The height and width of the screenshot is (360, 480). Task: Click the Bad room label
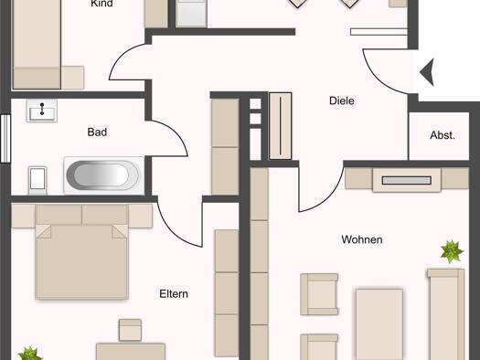pyautogui.click(x=97, y=132)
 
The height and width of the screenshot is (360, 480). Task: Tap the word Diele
pyautogui.click(x=342, y=101)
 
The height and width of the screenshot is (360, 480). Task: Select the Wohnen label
pyautogui.click(x=362, y=239)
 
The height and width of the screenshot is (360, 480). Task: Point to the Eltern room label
pyautogui.click(x=174, y=294)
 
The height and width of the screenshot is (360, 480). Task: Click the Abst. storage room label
pyautogui.click(x=443, y=135)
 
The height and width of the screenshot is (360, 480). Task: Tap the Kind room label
pyautogui.click(x=101, y=4)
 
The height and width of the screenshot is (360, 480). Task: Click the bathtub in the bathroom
pyautogui.click(x=104, y=175)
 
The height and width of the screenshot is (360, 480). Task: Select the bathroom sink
pyautogui.click(x=42, y=111)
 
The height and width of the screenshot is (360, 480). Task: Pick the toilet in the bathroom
pyautogui.click(x=37, y=180)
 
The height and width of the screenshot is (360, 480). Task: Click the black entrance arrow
pyautogui.click(x=428, y=72)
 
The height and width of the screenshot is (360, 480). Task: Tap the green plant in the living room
pyautogui.click(x=452, y=251)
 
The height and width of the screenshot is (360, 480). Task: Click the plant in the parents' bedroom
pyautogui.click(x=29, y=354)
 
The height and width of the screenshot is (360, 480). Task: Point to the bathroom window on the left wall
pyautogui.click(x=5, y=138)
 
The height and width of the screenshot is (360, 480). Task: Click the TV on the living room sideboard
pyautogui.click(x=407, y=181)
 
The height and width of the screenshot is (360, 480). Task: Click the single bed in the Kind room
pyautogui.click(x=37, y=45)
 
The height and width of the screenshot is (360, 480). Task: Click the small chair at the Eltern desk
pyautogui.click(x=130, y=330)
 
